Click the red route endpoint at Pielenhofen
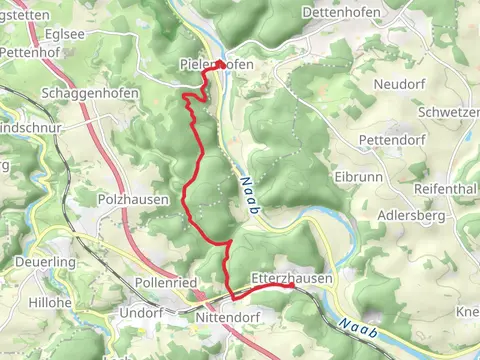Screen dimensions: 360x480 (x=219, y=64)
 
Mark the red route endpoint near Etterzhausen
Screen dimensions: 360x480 (x=291, y=286)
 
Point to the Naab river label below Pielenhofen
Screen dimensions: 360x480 (x=247, y=194)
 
